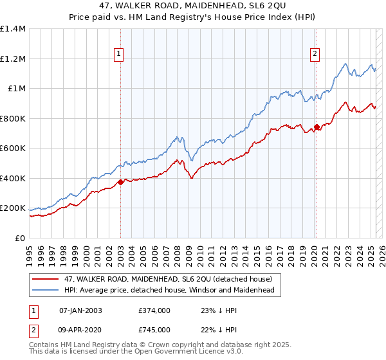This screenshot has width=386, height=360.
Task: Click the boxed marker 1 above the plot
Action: [120, 55]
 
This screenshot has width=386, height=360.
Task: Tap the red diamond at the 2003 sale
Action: [120, 183]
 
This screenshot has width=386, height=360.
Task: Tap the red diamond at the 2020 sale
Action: [317, 127]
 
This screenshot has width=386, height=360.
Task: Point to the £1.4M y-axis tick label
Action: [13, 29]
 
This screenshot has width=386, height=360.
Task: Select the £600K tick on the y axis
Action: [13, 148]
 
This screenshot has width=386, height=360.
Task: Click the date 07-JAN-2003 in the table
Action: [80, 310]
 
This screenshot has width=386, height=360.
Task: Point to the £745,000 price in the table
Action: [155, 330]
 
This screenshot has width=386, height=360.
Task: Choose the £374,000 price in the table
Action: [155, 310]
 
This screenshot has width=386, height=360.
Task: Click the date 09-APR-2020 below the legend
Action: [80, 330]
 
